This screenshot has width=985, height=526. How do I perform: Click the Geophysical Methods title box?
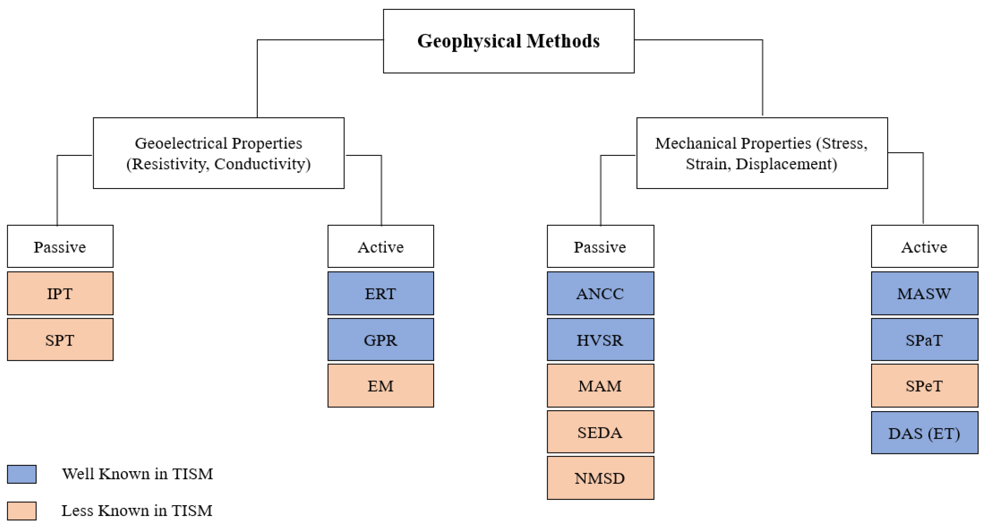[509, 41]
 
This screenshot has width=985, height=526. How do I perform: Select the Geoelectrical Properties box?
[218, 153]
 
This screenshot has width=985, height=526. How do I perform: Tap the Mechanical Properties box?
[762, 153]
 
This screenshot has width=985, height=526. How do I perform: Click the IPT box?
[60, 293]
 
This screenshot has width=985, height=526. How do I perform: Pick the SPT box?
[60, 339]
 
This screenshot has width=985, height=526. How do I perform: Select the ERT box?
[380, 293]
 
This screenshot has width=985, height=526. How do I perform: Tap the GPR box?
[380, 339]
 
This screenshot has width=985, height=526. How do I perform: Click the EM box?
[380, 385]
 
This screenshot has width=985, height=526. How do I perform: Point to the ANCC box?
[600, 293]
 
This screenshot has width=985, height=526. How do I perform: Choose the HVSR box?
[600, 339]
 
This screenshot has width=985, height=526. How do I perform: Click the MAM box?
[600, 385]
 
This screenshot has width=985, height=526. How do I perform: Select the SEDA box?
[600, 432]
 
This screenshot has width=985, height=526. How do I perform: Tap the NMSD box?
[600, 478]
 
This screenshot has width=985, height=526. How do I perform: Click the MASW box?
[924, 293]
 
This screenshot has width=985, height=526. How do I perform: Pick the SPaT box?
[924, 339]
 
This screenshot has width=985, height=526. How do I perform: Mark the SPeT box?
[924, 385]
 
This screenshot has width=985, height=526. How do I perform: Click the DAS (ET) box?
[924, 433]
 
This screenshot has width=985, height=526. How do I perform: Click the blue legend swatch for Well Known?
[22, 474]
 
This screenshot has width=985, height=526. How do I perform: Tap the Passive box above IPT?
[60, 247]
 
